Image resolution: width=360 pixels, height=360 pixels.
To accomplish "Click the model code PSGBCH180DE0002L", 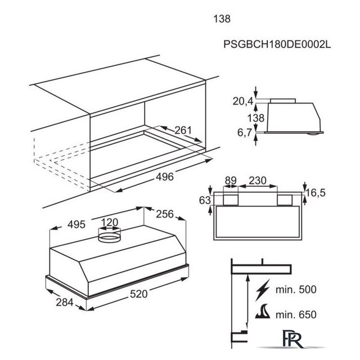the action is click(x=277, y=44).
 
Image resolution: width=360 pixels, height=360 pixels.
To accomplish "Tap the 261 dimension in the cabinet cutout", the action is click(x=183, y=130).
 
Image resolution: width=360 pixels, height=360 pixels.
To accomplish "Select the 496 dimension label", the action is click(x=165, y=177).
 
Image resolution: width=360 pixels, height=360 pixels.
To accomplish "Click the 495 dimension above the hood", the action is click(x=76, y=224).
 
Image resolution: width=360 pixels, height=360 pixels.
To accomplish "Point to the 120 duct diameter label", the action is click(x=110, y=222).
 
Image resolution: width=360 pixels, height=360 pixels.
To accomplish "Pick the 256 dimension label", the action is click(x=165, y=214).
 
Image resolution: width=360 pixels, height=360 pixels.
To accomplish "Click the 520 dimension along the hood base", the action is click(x=139, y=294).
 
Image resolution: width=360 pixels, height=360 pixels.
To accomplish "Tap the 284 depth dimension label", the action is click(x=65, y=302).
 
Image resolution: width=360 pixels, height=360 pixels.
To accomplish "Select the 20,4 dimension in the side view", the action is click(x=243, y=101).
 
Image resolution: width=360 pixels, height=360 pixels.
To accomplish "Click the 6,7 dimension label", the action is click(x=245, y=133).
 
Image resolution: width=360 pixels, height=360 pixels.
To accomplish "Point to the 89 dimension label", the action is click(x=231, y=181).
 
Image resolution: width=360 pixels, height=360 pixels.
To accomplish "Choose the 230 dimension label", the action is click(x=258, y=181).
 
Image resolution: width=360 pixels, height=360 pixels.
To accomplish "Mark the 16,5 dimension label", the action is click(x=316, y=193).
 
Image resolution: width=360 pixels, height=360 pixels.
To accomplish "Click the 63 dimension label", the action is click(x=205, y=200).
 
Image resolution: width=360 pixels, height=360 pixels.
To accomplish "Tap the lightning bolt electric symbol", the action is click(x=263, y=290).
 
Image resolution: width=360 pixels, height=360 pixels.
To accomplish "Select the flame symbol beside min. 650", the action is click(x=263, y=311).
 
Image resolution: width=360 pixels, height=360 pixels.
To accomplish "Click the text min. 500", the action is click(x=296, y=290).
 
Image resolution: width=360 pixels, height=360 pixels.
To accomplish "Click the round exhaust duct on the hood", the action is click(x=109, y=235).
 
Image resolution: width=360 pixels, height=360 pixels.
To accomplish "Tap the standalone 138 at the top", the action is click(x=222, y=19).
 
